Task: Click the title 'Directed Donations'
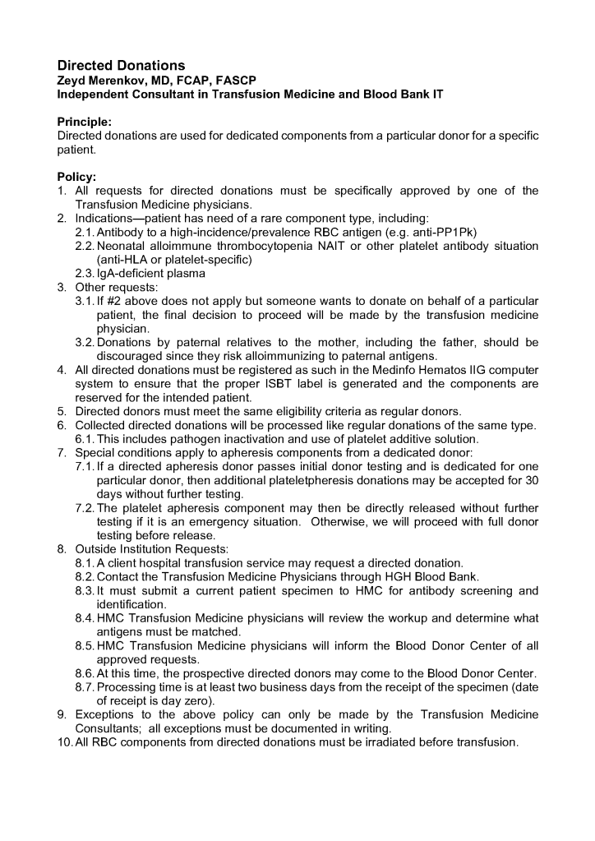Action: click(121, 65)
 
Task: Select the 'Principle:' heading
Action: click(84, 122)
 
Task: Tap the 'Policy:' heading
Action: click(76, 177)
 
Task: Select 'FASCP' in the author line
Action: click(233, 80)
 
